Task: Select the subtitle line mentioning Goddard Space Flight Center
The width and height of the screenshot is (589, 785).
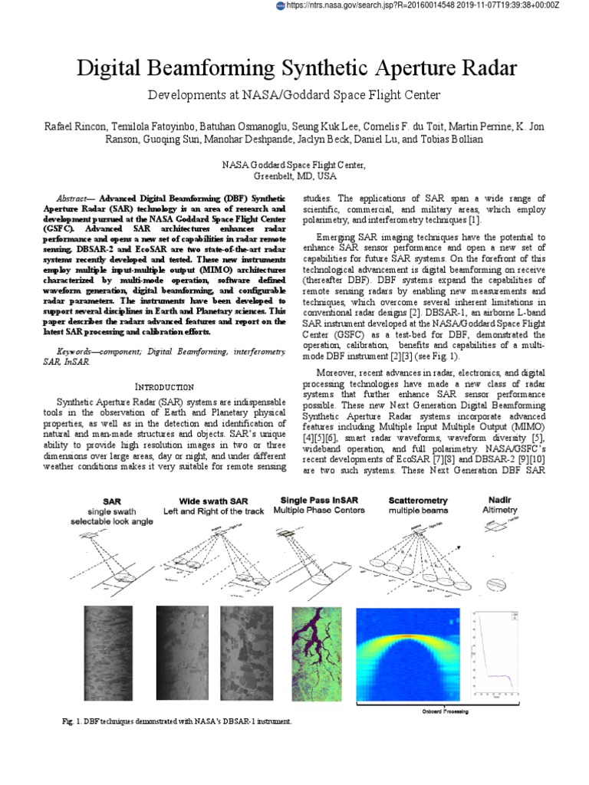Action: click(x=294, y=95)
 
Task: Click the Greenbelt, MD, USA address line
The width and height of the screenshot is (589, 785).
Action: click(x=294, y=175)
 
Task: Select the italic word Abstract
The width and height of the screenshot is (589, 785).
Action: click(x=74, y=198)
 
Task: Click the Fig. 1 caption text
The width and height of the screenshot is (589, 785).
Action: click(x=176, y=722)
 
